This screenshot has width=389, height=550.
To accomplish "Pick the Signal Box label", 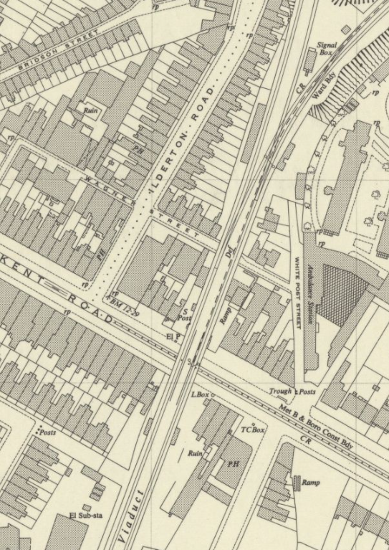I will click(x=326, y=49).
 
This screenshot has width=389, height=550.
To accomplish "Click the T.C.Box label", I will click(x=252, y=430).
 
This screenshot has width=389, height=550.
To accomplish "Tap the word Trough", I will click(x=280, y=392).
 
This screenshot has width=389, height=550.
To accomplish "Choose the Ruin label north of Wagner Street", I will click(x=90, y=110).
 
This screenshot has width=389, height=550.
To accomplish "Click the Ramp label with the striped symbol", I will click(x=310, y=483).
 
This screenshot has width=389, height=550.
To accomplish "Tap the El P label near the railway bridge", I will click(x=172, y=335).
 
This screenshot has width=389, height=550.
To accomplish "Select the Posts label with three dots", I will click(x=47, y=432).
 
